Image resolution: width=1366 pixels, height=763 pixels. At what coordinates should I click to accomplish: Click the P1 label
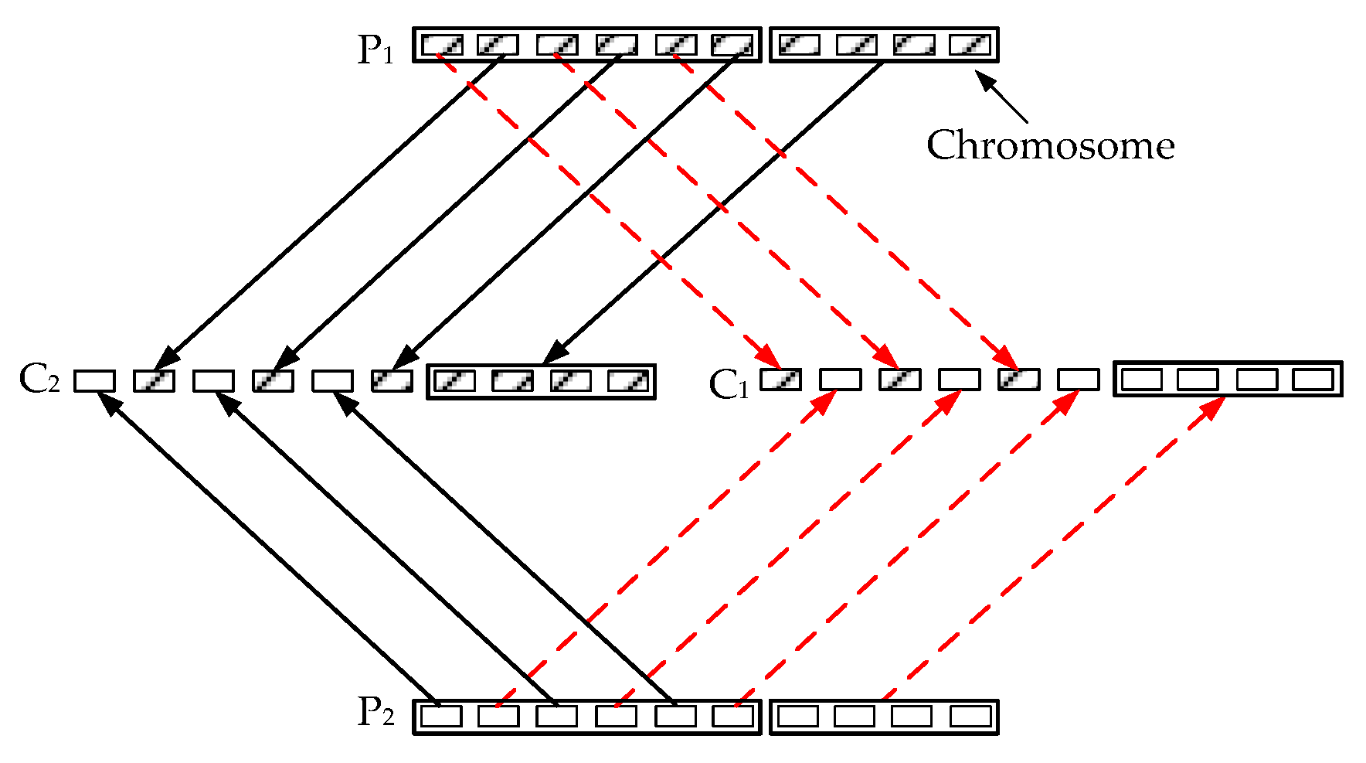coord(375,49)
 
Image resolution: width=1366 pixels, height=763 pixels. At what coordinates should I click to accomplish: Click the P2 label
coord(375,712)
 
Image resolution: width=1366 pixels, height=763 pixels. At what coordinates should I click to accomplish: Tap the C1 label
coord(729,384)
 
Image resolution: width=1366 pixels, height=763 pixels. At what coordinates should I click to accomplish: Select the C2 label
coord(39,379)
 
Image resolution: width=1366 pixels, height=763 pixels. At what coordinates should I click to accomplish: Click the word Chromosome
coord(1050,145)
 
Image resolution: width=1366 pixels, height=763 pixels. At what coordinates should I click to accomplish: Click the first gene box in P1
coord(442,45)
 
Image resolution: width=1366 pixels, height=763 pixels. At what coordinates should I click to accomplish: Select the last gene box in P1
coord(970,45)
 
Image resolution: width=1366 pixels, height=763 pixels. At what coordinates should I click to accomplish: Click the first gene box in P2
coord(442,717)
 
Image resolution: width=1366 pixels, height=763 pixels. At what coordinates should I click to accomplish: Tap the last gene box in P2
coord(970,717)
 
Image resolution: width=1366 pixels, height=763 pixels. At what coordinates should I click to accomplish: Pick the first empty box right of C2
coord(95,381)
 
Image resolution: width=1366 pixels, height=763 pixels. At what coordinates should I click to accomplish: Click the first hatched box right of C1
coord(780,380)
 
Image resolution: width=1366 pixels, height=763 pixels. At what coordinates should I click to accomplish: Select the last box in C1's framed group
coord(1313,380)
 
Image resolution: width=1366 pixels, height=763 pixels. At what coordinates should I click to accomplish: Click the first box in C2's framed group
coord(455,381)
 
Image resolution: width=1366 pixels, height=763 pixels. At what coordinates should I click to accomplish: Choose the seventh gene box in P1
coord(798,45)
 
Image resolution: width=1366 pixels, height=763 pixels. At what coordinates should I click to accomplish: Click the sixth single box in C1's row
coord(1079,380)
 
